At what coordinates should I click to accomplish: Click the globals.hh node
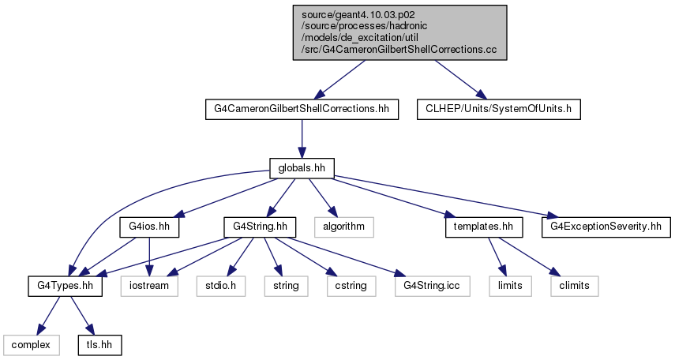point(302,168)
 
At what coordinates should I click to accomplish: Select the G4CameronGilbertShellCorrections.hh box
point(302,109)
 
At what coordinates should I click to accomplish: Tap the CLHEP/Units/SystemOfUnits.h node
point(498,109)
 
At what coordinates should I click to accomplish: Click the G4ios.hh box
point(149,227)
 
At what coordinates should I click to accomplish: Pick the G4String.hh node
point(260,227)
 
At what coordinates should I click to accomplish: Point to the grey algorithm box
point(343,227)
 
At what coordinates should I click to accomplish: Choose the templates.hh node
point(484,227)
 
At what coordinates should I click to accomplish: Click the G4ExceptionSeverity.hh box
point(606,227)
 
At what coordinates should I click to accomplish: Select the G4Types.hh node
point(65,286)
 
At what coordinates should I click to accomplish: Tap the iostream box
point(149,286)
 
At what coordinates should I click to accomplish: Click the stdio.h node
point(221,286)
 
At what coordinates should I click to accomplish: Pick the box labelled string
point(286,286)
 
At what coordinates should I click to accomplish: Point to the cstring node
point(351,286)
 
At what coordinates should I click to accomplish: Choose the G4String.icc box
point(432,286)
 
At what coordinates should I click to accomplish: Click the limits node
point(510,286)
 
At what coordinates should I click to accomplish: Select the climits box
point(574,286)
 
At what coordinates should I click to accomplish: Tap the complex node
point(31,345)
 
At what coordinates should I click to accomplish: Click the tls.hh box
point(99,345)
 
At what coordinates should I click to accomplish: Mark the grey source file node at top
point(400,32)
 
